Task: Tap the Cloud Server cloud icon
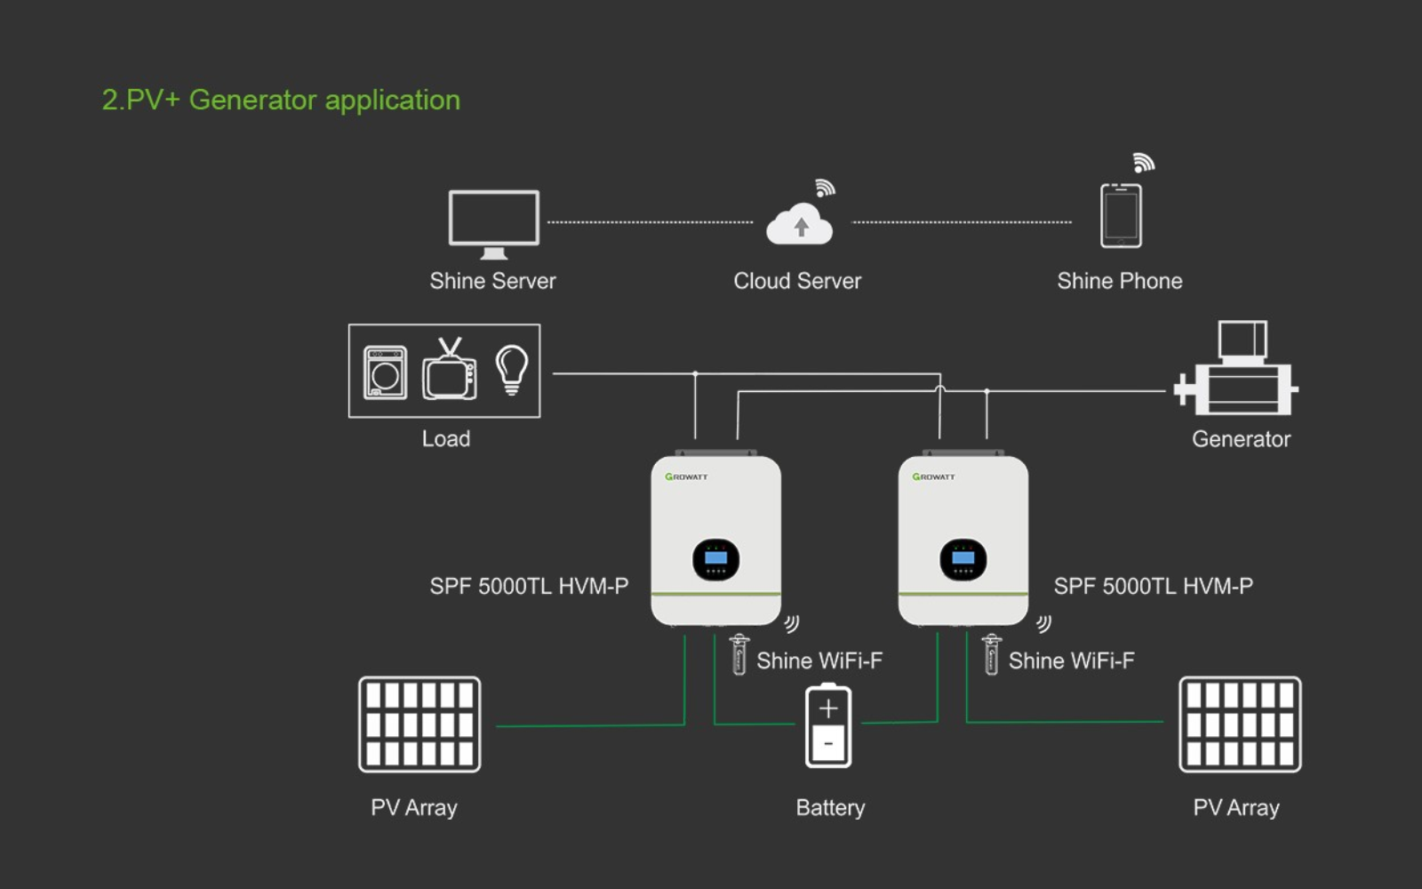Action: tap(800, 225)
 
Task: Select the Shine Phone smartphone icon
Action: tap(1121, 215)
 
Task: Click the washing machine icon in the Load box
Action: tap(385, 372)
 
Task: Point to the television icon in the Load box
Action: tap(450, 372)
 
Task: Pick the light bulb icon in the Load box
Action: tap(512, 369)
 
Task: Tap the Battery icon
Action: tap(828, 725)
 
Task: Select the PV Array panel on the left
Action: tap(419, 725)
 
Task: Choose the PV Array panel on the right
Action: tap(1240, 725)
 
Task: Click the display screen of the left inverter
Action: tap(715, 559)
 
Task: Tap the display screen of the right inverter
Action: tap(963, 559)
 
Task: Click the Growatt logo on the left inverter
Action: tap(686, 477)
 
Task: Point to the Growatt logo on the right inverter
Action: tap(933, 477)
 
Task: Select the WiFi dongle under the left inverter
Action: tap(739, 655)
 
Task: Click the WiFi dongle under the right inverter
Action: tap(991, 655)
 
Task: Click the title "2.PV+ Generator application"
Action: tap(281, 100)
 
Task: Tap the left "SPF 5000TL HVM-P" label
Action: tap(529, 587)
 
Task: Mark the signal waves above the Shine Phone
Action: tap(1143, 163)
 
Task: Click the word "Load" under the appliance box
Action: tap(446, 439)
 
